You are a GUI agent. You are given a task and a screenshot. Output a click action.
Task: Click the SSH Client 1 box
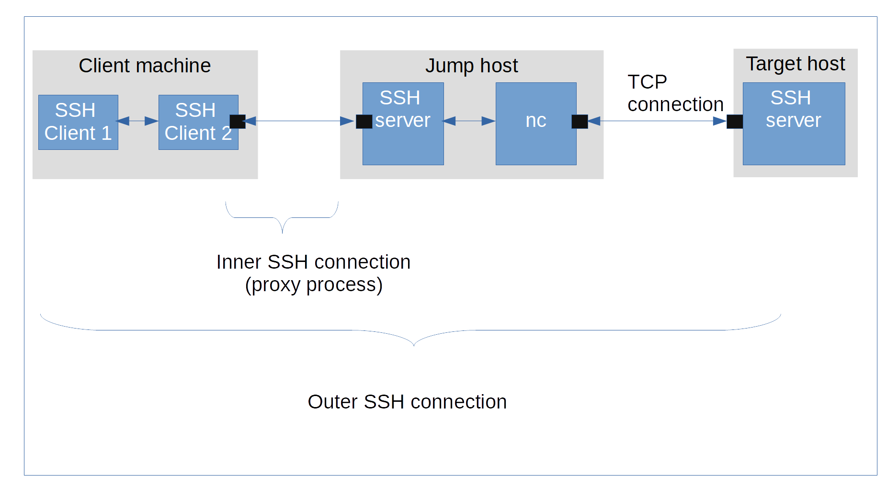click(78, 122)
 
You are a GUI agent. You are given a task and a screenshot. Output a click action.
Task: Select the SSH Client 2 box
click(198, 122)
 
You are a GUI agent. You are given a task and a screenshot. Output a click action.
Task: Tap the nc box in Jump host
click(536, 124)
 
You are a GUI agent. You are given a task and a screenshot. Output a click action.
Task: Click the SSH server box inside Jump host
click(403, 124)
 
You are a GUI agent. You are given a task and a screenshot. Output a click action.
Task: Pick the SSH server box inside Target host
click(794, 124)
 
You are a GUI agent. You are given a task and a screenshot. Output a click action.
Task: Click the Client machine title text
click(145, 66)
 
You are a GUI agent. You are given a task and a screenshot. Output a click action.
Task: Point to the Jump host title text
click(471, 66)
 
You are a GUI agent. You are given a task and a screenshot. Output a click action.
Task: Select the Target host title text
click(795, 64)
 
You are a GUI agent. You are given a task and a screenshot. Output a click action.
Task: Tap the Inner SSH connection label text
click(313, 262)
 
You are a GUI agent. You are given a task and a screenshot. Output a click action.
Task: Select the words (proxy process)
click(313, 285)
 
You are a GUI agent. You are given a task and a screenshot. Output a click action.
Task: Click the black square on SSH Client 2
click(238, 122)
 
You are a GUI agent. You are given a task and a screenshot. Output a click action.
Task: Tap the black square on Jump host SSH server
click(364, 122)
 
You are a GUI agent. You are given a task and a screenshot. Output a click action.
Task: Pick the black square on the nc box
click(580, 122)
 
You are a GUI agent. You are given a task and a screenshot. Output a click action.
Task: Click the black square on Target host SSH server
click(735, 122)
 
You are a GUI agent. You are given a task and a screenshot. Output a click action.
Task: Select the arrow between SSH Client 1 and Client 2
click(138, 121)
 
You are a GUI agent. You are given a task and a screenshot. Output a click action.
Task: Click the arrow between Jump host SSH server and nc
click(469, 121)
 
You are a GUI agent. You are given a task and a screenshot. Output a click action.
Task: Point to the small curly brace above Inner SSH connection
click(282, 218)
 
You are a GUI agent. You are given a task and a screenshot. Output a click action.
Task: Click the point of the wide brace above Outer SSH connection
click(414, 344)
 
